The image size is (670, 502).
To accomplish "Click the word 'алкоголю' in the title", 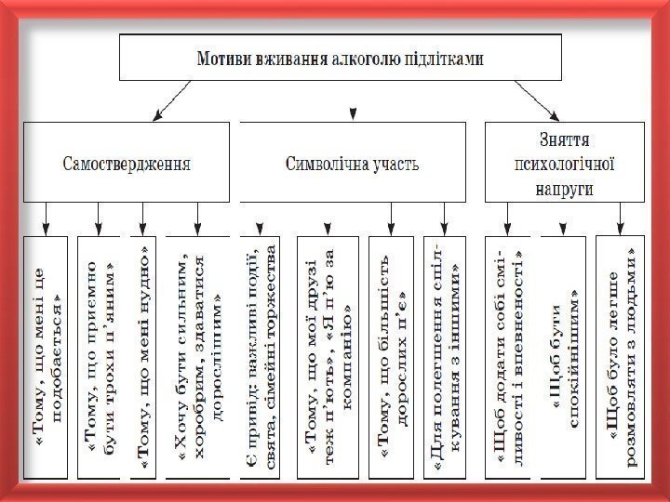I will click(362, 58).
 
